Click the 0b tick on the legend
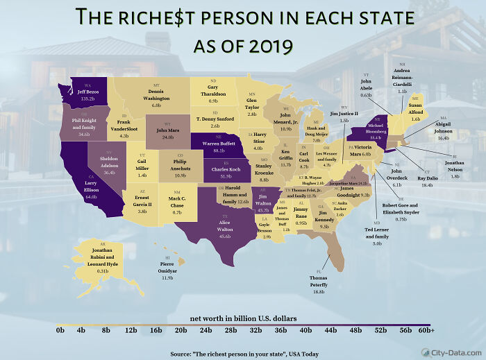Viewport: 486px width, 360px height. pyautogui.click(x=60, y=330)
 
